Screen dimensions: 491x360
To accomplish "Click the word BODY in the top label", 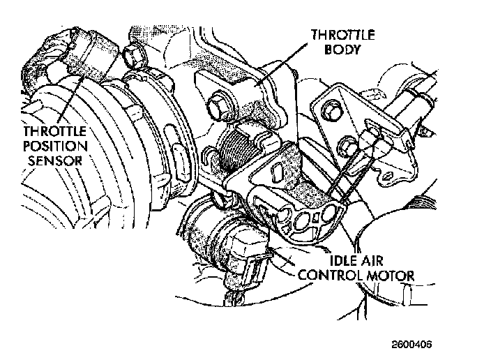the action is [342, 50].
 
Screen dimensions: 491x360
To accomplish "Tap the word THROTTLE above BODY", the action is [343, 34].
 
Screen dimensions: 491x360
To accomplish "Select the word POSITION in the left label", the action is [55, 146].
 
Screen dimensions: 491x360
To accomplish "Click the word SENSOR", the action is [55, 160].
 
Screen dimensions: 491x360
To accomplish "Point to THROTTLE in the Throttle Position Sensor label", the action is [54, 131].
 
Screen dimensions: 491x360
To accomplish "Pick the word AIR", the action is [372, 261].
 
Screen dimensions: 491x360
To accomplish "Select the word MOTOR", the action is [390, 276].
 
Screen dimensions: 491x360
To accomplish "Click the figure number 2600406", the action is [411, 345].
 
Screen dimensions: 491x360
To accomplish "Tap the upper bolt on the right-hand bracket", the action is [332, 112].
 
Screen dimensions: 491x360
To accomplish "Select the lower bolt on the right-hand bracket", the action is [347, 147].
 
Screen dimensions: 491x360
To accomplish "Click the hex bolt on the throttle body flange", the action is [218, 106].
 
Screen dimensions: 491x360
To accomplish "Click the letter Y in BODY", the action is [356, 50].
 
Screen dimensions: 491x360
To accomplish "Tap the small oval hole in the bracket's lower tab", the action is [388, 177].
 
